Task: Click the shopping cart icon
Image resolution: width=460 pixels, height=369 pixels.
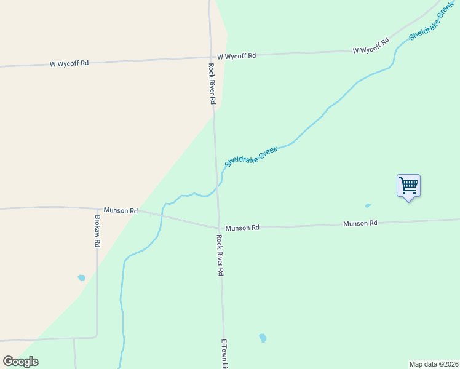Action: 408,185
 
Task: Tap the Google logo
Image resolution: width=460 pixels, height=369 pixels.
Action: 21,362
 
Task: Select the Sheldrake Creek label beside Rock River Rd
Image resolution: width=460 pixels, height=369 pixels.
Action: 252,156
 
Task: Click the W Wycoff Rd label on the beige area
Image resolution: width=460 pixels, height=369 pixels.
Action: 69,63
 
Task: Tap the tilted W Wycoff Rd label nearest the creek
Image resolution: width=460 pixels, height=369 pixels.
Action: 371,46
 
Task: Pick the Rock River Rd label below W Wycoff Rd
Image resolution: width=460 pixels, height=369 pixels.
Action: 212,83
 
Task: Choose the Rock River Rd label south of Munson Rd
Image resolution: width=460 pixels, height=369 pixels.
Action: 220,255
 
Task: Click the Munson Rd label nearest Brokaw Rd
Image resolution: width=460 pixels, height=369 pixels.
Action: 121,210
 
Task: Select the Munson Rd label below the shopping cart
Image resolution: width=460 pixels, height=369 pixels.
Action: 360,223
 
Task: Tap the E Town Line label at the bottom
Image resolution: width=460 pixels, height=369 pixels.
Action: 224,354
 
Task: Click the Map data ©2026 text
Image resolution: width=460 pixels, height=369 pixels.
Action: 434,364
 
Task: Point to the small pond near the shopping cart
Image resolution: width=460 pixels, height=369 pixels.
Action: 368,205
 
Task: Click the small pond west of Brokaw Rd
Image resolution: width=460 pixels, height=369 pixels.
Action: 81,278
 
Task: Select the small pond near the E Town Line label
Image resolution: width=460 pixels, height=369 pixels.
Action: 263,338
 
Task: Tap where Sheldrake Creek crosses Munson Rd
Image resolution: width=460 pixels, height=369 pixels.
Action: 162,215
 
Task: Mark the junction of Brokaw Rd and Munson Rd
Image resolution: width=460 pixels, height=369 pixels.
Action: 97,209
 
